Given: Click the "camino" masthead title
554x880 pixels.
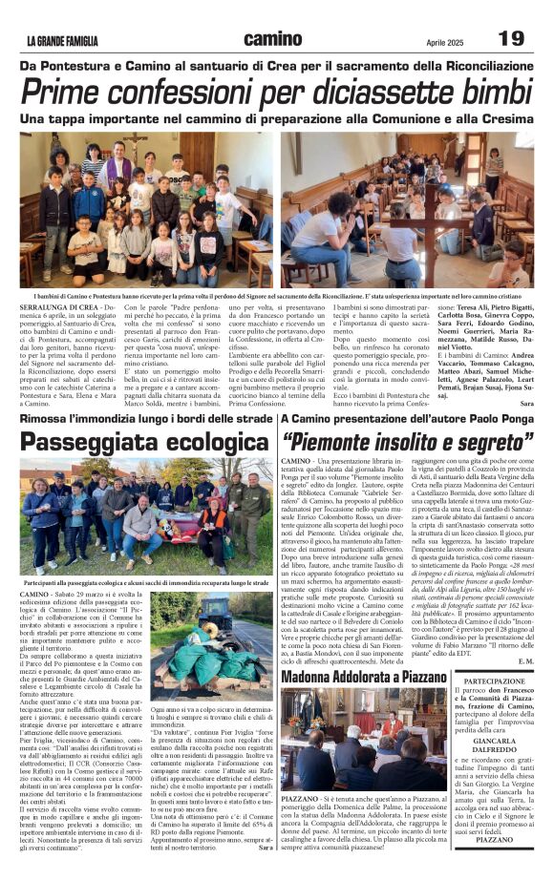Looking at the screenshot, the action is coord(272,39).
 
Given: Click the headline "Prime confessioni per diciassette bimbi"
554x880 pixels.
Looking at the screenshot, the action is coord(276,94).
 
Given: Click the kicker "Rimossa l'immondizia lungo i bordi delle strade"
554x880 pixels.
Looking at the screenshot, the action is coord(144,419).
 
